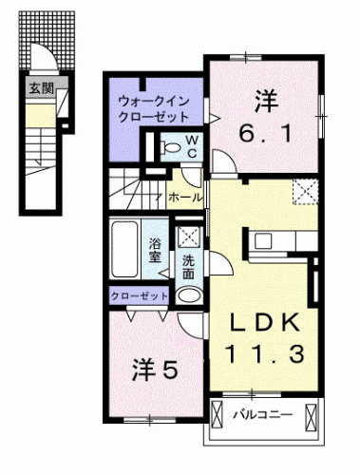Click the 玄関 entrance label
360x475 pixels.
coord(41,91)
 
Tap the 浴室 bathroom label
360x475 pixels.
coord(155,249)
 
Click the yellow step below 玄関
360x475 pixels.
coord(40,118)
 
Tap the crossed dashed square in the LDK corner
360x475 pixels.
coord(306,194)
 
